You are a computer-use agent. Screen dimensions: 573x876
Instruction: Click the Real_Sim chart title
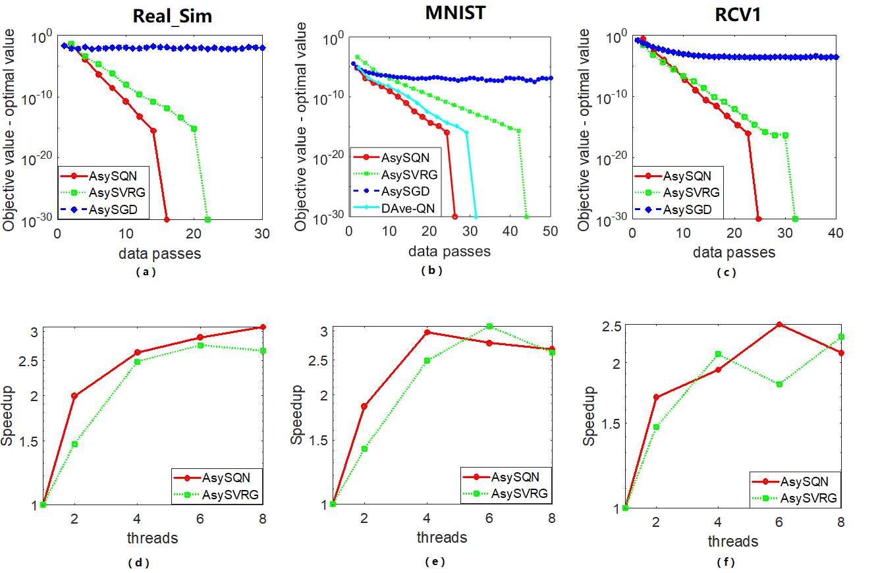pos(173,16)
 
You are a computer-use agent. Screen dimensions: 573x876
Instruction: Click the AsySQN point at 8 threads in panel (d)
pos(263,327)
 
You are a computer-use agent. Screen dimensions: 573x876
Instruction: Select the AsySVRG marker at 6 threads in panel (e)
pos(489,326)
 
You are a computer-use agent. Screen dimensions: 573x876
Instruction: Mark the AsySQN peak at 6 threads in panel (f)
pos(779,324)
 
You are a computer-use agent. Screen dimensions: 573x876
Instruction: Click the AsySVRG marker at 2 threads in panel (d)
pos(74,444)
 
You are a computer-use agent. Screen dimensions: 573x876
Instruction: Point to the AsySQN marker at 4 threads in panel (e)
pos(427,332)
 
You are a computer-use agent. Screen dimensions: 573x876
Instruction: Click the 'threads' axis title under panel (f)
pos(732,542)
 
